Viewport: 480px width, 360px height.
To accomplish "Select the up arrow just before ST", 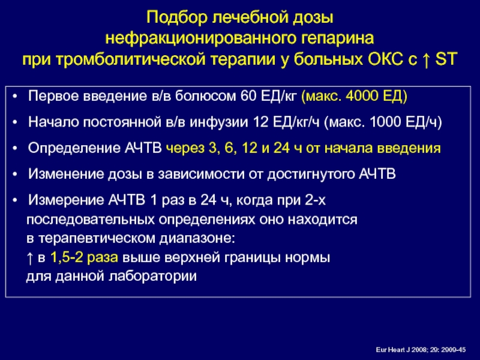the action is tap(426, 59).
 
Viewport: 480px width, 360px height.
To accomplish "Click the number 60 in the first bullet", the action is tap(248, 96).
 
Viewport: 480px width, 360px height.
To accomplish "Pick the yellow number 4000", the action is tap(362, 96).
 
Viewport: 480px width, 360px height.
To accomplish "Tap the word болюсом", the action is tap(206, 96).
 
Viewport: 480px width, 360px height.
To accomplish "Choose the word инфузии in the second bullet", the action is tap(218, 122).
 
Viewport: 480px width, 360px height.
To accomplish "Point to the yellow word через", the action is tap(185, 149).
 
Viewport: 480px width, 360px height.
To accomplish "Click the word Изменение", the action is tap(66, 174).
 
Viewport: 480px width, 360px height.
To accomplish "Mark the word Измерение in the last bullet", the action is tap(66, 201).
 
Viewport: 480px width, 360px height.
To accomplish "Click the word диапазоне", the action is tap(197, 238).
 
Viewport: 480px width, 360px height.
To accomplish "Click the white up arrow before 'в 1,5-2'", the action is tap(29, 258).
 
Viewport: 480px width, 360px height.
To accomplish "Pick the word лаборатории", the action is tap(153, 277).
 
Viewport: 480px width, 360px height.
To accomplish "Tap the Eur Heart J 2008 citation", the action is tap(421, 350).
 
